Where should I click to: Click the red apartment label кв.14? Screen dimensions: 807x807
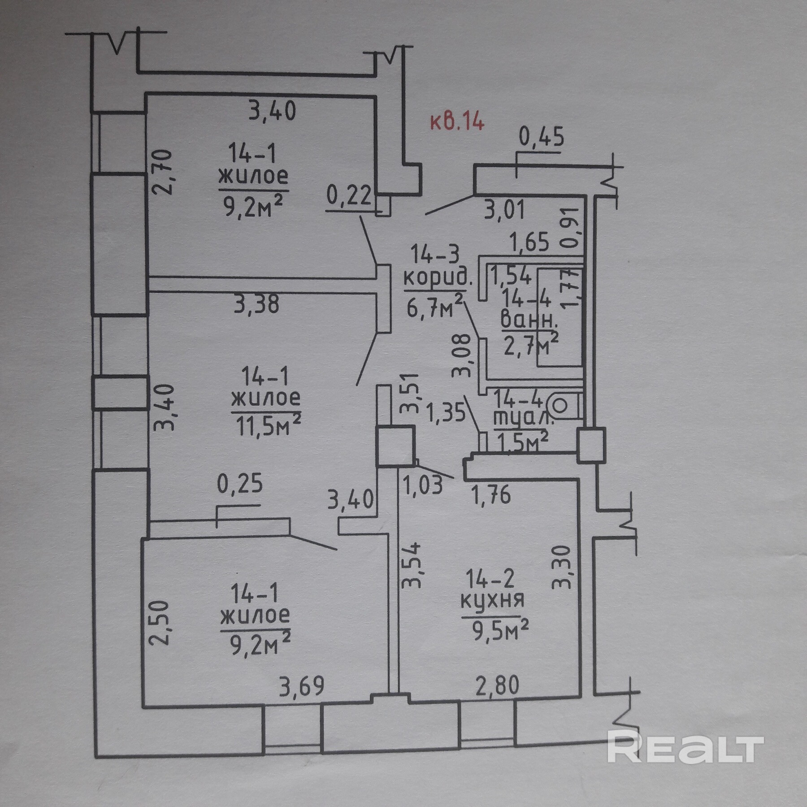click(x=457, y=121)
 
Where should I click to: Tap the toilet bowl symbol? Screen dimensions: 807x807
click(x=560, y=406)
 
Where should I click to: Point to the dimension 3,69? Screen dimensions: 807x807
click(x=301, y=686)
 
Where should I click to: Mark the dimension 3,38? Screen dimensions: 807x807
click(x=256, y=304)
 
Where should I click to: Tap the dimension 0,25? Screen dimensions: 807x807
click(x=240, y=484)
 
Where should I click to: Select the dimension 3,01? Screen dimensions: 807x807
click(x=504, y=209)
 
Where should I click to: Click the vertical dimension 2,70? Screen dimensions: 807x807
click(x=163, y=172)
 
